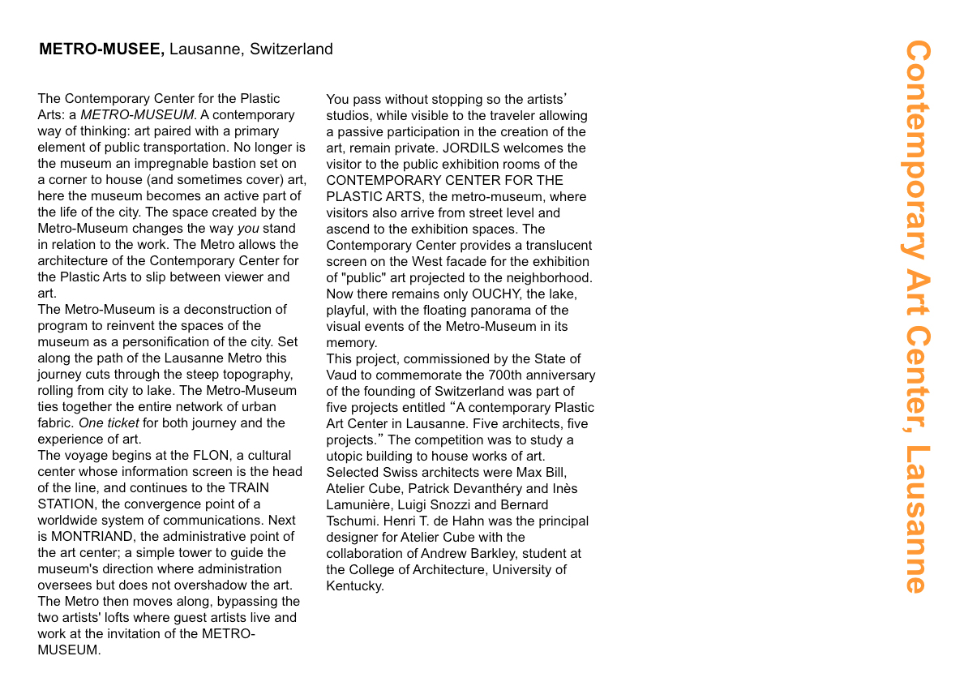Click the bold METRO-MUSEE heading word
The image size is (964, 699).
pyautogui.click(x=101, y=49)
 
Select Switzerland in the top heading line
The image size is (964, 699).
pyautogui.click(x=291, y=49)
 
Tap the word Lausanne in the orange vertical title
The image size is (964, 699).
pyautogui.click(x=915, y=519)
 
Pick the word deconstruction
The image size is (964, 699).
pyautogui.click(x=225, y=309)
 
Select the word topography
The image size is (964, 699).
pyautogui.click(x=254, y=374)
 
